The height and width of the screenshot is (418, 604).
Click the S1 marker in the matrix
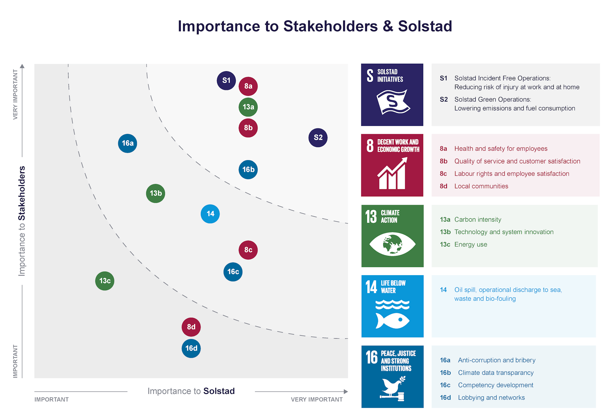tap(226, 80)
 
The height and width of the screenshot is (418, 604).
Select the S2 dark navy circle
tap(318, 138)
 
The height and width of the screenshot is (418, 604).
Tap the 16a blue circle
tap(128, 143)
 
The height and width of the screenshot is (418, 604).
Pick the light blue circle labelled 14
tap(210, 214)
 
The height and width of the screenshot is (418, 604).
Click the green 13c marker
tap(105, 281)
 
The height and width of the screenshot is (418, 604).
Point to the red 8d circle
tap(191, 327)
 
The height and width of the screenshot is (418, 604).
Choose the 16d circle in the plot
tap(191, 348)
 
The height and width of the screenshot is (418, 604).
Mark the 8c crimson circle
tap(248, 250)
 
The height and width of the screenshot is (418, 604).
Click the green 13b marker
tap(156, 193)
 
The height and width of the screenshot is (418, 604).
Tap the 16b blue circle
tap(248, 170)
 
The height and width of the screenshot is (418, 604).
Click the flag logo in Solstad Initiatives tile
tap(393, 102)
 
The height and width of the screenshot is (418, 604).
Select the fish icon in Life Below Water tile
tap(392, 321)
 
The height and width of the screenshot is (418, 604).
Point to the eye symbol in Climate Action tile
tap(392, 244)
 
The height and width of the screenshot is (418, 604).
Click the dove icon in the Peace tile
tap(393, 389)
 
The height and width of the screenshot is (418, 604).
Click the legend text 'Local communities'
tap(481, 186)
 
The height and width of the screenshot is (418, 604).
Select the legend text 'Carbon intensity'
tap(478, 220)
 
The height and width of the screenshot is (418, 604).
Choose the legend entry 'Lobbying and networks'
tap(491, 398)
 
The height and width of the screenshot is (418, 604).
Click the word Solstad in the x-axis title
tap(219, 391)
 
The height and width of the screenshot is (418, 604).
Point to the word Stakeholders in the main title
tap(331, 26)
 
